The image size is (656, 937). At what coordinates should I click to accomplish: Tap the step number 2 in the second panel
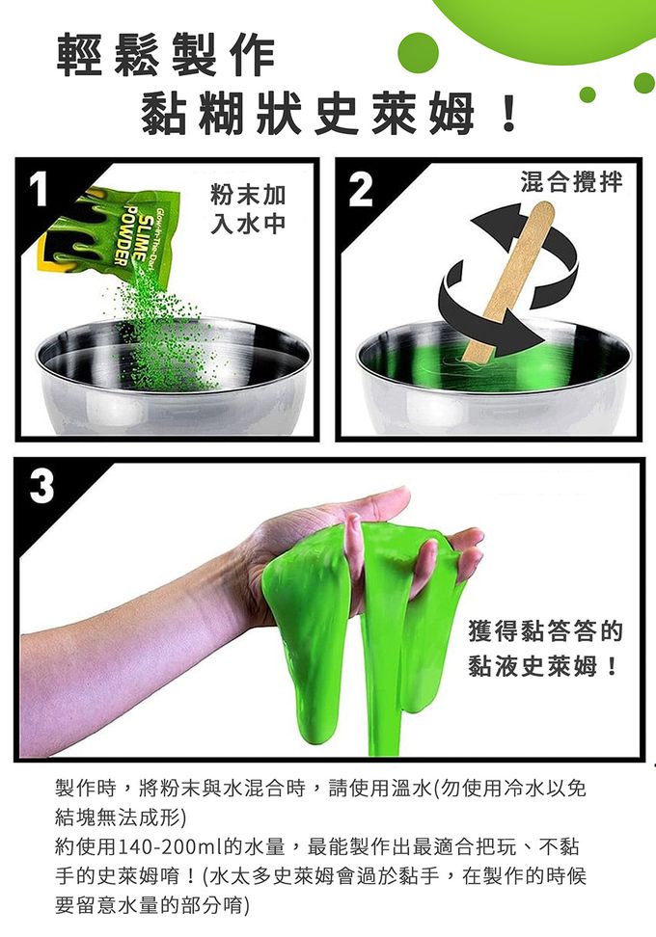[x=361, y=189]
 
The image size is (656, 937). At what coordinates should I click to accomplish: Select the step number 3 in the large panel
[x=41, y=485]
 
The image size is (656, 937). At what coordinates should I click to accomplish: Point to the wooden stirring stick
[x=508, y=280]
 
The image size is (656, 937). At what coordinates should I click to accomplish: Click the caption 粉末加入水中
[x=248, y=209]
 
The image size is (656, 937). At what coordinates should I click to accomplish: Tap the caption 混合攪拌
[x=571, y=181]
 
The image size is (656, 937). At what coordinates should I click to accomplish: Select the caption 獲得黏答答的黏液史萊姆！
[x=545, y=649]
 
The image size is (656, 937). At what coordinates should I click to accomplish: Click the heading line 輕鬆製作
[x=166, y=56]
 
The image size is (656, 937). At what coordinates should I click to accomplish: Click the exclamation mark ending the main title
[x=509, y=115]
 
